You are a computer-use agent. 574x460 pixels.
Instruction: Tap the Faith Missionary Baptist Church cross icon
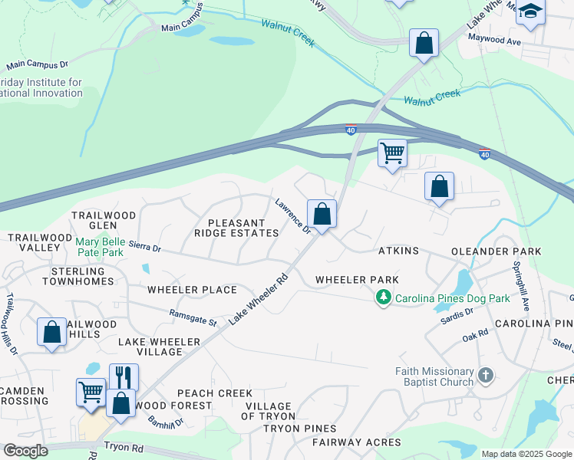pos(484,375)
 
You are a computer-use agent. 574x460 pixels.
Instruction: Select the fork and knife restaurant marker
pos(124,377)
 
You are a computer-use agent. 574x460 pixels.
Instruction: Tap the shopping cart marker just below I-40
pos(392,153)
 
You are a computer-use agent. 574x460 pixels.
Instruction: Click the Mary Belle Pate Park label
pos(100,246)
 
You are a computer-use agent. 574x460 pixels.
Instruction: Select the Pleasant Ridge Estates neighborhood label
pos(236,228)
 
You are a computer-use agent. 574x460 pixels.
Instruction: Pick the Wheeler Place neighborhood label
pos(192,290)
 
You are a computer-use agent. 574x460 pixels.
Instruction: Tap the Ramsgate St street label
pos(193,317)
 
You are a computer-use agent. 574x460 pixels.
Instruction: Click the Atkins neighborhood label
pos(398,251)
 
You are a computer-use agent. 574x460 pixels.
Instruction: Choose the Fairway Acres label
pos(356,442)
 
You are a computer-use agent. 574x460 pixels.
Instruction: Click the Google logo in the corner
pos(25,451)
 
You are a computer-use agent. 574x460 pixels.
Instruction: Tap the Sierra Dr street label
pos(144,248)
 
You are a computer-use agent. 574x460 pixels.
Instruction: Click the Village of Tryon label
pos(268,411)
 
